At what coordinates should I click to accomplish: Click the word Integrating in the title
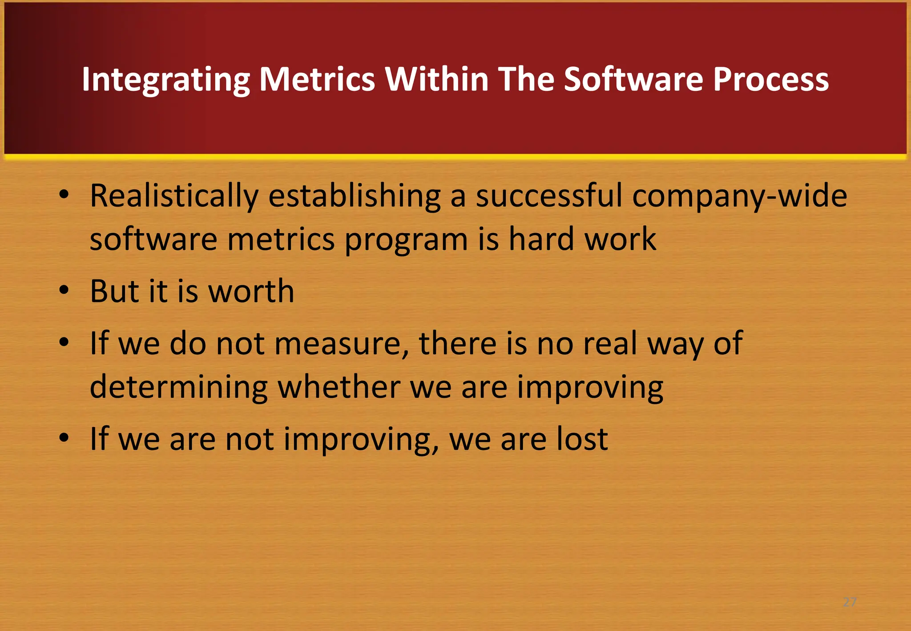(165, 80)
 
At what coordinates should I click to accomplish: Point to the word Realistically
(174, 196)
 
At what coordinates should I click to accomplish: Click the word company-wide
(739, 196)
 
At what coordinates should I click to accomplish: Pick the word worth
(251, 291)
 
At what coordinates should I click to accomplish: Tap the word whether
(339, 387)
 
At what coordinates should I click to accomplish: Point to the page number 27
(850, 602)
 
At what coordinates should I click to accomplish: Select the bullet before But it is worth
(64, 290)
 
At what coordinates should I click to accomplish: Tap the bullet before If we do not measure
(64, 342)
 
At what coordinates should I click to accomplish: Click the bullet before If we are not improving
(64, 438)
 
